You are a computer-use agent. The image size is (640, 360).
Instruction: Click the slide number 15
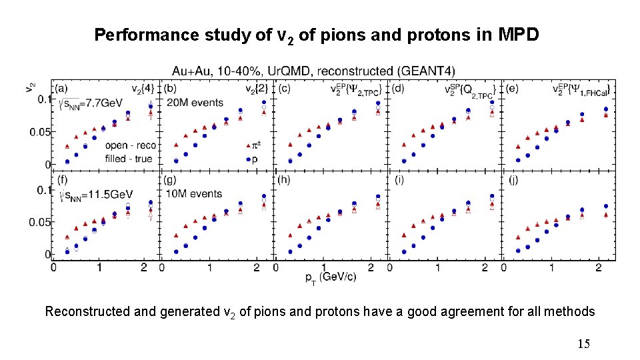583,344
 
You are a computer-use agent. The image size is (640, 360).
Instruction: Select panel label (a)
61,88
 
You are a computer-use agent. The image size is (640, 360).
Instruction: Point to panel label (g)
171,179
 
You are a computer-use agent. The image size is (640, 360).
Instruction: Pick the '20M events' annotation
195,102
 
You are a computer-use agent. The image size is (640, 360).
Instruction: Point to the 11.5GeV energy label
95,194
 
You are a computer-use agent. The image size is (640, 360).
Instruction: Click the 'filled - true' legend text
128,159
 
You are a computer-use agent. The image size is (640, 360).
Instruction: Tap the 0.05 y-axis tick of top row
39,132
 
